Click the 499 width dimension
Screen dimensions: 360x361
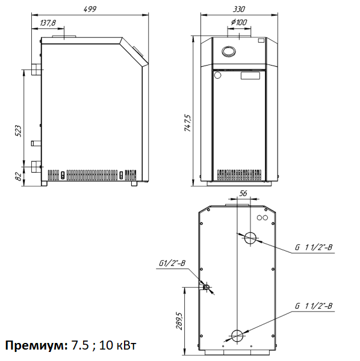(90, 9)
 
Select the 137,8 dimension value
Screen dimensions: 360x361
(48, 23)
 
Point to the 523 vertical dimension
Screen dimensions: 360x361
(18, 131)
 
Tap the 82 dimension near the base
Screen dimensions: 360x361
(19, 176)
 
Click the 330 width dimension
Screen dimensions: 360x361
(239, 9)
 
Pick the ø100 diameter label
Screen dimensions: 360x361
(239, 22)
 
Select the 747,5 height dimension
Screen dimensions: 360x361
(188, 123)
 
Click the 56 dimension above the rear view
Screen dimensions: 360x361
(243, 193)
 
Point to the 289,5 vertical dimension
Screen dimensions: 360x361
(179, 321)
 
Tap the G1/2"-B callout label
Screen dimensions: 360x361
(172, 263)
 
